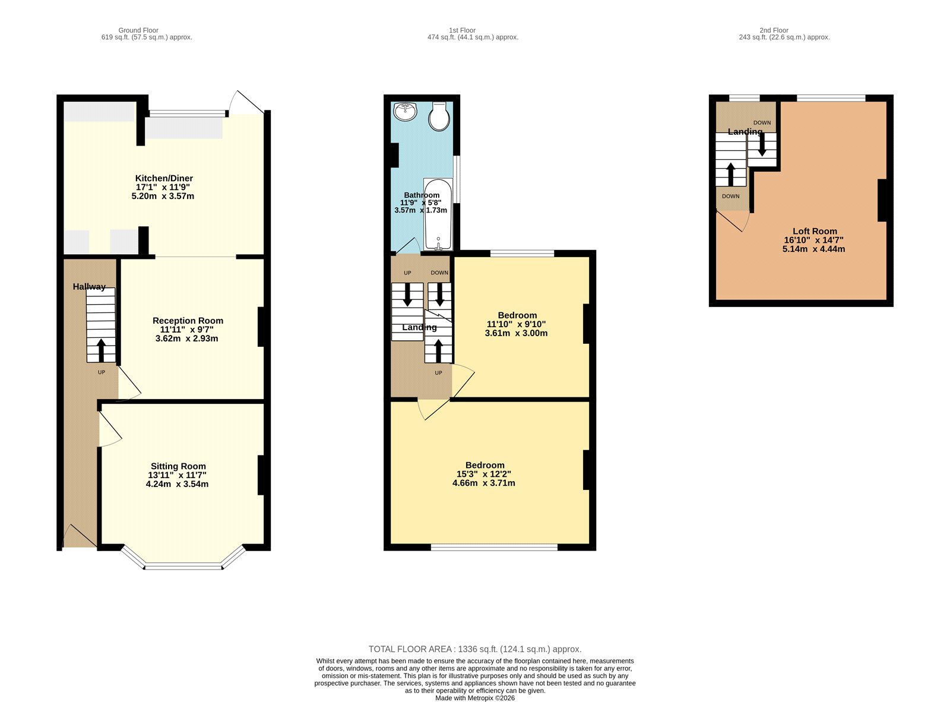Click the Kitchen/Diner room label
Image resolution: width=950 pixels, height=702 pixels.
[164, 178]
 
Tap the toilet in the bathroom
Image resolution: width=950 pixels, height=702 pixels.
[439, 116]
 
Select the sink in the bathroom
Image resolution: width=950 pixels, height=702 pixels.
[406, 110]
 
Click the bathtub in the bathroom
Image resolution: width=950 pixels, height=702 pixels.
[438, 214]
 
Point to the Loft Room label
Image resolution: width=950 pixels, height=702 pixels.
[815, 231]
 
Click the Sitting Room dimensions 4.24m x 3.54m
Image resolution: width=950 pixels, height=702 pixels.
[177, 484]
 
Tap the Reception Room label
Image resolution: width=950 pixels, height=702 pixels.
[188, 320]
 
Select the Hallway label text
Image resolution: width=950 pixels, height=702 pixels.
[89, 286]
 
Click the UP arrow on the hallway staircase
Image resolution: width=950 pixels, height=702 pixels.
[101, 350]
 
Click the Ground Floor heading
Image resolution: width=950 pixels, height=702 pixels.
[138, 30]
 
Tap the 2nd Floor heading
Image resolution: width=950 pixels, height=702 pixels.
[774, 30]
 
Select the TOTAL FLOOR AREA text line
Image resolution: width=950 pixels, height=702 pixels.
[474, 649]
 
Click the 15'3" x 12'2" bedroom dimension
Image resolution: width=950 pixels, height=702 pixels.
[483, 474]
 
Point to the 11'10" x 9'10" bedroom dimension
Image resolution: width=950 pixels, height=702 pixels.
[516, 324]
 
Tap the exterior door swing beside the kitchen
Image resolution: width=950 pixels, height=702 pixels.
[246, 103]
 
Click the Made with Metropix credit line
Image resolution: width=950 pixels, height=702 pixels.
[474, 698]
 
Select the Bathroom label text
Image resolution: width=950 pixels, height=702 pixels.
[422, 195]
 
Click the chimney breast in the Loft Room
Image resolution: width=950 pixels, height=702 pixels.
[882, 200]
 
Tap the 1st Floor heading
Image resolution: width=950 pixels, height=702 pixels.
[462, 30]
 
